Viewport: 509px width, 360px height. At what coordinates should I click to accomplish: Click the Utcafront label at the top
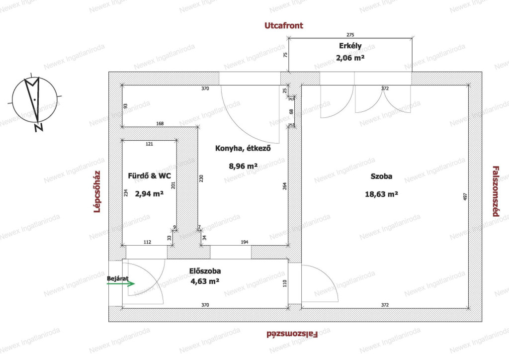pos(284,26)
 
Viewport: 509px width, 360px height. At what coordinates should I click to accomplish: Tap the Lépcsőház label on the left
pos(97,191)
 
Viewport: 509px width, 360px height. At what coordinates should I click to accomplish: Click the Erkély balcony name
pos(350,46)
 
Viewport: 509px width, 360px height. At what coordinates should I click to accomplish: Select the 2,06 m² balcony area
pos(350,58)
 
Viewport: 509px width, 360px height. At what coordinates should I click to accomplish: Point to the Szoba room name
pos(381,176)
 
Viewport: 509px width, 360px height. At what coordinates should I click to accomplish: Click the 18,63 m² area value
pos(381,194)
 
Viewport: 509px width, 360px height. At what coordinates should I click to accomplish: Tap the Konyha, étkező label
pos(243,148)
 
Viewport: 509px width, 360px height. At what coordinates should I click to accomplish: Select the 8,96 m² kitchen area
pos(243,166)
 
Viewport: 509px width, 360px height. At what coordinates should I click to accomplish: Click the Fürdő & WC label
pos(149,176)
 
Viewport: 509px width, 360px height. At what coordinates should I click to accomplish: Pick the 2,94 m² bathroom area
pos(149,194)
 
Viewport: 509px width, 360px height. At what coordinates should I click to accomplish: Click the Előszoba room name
pos(205,271)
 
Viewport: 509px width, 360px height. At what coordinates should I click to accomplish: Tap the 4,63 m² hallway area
pos(205,281)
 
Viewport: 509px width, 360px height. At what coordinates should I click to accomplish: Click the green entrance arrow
pos(121,284)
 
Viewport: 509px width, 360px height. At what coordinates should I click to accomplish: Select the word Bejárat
pos(117,278)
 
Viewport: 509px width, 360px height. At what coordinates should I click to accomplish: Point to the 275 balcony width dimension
pos(350,35)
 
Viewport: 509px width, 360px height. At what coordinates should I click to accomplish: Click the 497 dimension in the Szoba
pos(465,197)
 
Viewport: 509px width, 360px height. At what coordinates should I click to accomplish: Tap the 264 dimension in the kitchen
pos(285,186)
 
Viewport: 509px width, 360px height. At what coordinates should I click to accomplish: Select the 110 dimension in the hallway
pos(285,283)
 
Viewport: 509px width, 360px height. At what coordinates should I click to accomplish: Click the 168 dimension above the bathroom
pos(160,124)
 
